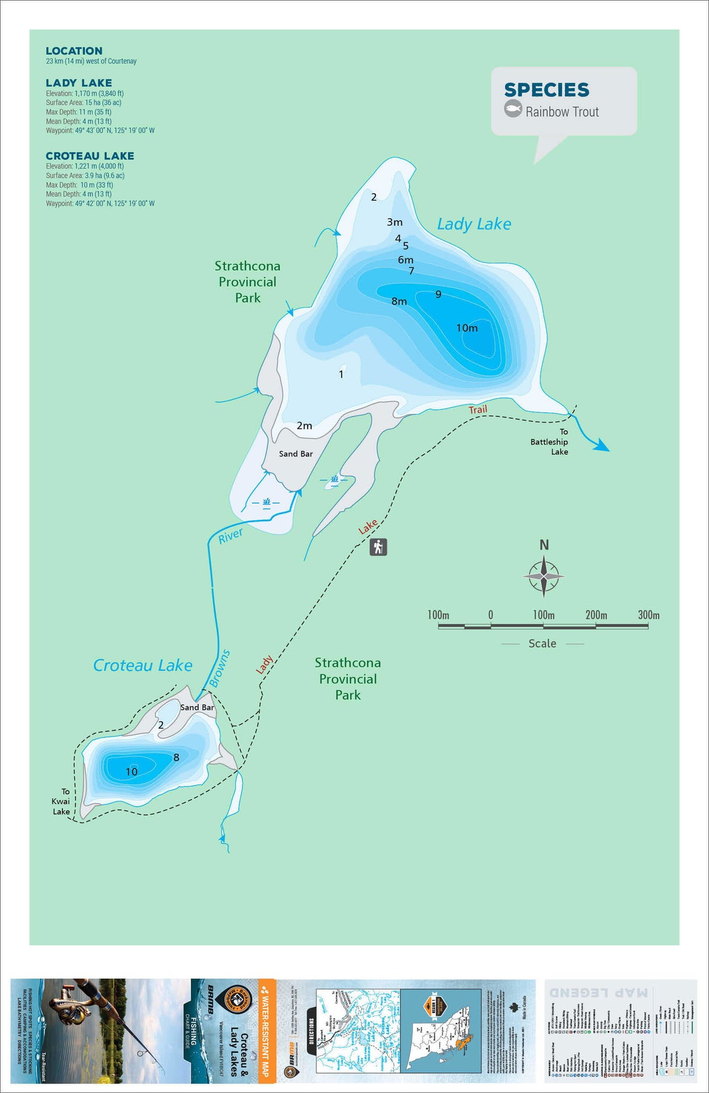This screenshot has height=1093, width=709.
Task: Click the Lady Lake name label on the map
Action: pyautogui.click(x=474, y=224)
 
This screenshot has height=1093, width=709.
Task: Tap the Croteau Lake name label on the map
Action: pyautogui.click(x=143, y=665)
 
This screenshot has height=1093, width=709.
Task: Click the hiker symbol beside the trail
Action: pyautogui.click(x=378, y=547)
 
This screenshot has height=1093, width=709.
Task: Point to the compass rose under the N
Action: pyautogui.click(x=543, y=577)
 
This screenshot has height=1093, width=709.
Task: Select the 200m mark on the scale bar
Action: pyautogui.click(x=596, y=615)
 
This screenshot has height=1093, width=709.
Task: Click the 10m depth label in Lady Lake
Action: pyautogui.click(x=467, y=328)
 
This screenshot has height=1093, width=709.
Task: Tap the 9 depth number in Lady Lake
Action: pyautogui.click(x=438, y=294)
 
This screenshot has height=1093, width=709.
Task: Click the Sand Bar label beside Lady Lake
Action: pyautogui.click(x=296, y=454)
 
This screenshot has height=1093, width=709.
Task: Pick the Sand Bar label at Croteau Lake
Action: pyautogui.click(x=197, y=707)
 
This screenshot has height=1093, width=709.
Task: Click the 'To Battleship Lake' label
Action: pyautogui.click(x=550, y=442)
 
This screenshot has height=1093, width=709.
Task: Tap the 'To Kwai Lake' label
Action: pyautogui.click(x=61, y=801)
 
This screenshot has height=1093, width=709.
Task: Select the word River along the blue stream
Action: pyautogui.click(x=230, y=536)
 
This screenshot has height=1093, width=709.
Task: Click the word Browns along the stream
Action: pyautogui.click(x=220, y=668)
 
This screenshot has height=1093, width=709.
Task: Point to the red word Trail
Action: pyautogui.click(x=478, y=410)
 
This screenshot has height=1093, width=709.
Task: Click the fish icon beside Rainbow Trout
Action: pyautogui.click(x=513, y=109)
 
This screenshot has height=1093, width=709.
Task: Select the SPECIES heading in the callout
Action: pyautogui.click(x=546, y=90)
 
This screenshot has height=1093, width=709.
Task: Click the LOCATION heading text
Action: pyautogui.click(x=74, y=51)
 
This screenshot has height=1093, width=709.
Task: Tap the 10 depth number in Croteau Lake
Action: pyautogui.click(x=131, y=772)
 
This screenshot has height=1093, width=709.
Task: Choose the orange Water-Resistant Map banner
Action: pyautogui.click(x=266, y=1031)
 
